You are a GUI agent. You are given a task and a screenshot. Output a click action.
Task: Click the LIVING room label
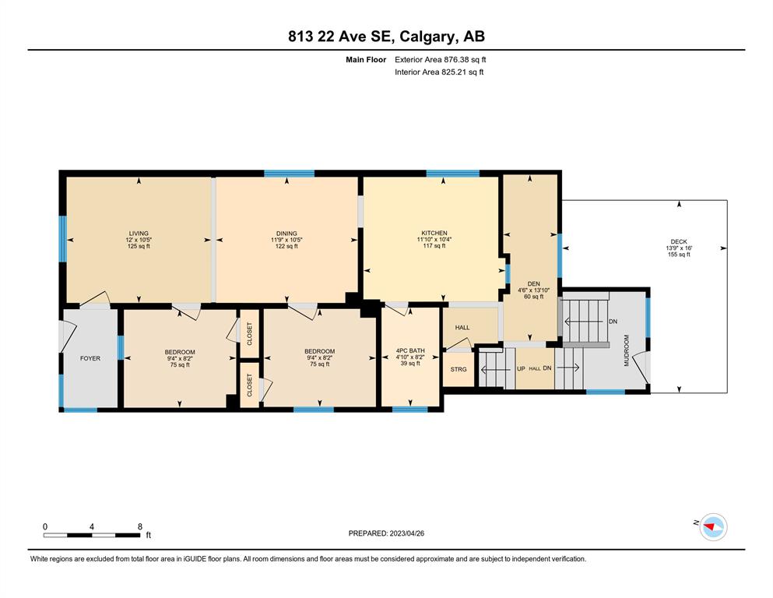pyautogui.click(x=139, y=233)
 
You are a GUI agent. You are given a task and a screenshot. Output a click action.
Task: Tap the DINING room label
pyautogui.click(x=286, y=233)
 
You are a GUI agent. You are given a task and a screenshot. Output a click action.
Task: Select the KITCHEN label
pyautogui.click(x=434, y=233)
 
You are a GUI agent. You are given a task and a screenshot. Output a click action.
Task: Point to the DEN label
pyautogui.click(x=533, y=284)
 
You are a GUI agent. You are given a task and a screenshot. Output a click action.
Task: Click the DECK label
pyautogui.click(x=679, y=241)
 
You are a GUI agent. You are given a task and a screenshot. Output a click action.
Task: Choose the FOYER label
pyautogui.click(x=90, y=358)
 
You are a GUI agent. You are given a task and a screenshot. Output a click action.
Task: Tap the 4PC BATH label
pyautogui.click(x=410, y=351)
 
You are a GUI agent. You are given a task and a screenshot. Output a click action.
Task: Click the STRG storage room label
pyautogui.click(x=459, y=369)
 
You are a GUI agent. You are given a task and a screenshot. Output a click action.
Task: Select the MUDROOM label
pyautogui.click(x=627, y=350)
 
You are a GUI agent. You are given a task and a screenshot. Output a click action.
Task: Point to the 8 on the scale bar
pyautogui.click(x=140, y=526)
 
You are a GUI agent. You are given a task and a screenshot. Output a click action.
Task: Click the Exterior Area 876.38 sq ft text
pyautogui.click(x=441, y=60)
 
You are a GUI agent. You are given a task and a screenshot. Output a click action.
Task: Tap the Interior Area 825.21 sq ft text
pyautogui.click(x=439, y=72)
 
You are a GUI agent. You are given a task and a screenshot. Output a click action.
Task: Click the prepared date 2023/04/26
pyautogui.click(x=406, y=533)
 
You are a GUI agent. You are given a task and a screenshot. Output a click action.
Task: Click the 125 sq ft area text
pyautogui.click(x=139, y=246)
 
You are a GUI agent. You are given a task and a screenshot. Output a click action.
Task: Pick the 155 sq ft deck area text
pyautogui.click(x=679, y=255)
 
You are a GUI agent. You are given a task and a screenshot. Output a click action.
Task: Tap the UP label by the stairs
pyautogui.click(x=521, y=369)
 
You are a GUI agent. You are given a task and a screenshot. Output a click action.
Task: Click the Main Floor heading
pyautogui.click(x=366, y=60)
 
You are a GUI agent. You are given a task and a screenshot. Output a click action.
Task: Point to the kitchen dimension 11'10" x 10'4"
pyautogui.click(x=434, y=239)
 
